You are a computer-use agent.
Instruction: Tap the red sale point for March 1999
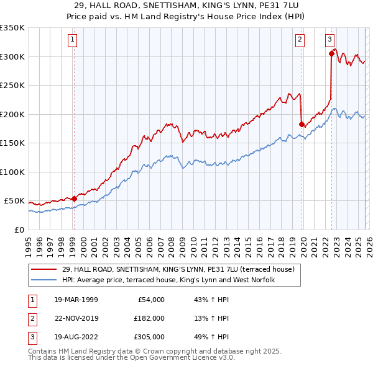(x=74, y=199)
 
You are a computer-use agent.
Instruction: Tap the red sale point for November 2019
(x=302, y=125)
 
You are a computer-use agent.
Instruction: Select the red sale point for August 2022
(x=331, y=53)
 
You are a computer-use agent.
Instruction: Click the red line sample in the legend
(x=44, y=269)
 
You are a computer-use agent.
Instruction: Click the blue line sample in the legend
(x=44, y=280)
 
